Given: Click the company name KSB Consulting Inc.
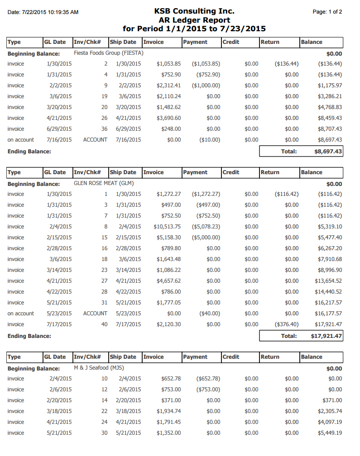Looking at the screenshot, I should (x=194, y=11).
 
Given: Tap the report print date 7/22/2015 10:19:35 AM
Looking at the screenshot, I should (x=43, y=12).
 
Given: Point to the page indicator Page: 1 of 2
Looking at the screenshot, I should (x=327, y=12).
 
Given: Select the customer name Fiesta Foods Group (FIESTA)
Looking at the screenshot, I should (x=109, y=53).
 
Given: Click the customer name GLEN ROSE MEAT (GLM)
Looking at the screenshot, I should (x=104, y=184).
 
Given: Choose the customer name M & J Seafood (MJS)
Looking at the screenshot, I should (x=98, y=368).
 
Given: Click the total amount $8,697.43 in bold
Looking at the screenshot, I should (x=328, y=152).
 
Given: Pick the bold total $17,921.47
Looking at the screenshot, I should (x=326, y=336).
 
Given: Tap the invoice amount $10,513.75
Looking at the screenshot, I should (x=167, y=227).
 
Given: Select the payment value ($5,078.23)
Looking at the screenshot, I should (x=206, y=227).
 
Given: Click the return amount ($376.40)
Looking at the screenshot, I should (x=287, y=324).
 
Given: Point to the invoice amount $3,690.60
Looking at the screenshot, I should (x=168, y=118).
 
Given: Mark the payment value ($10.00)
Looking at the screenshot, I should (x=210, y=140).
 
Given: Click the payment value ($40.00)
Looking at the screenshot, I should (x=210, y=313).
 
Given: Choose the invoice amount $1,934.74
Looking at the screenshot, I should (x=168, y=411).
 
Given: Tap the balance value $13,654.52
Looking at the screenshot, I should (x=328, y=281).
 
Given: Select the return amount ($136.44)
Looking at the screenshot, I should (x=287, y=64).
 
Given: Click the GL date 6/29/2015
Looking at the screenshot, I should (x=59, y=129).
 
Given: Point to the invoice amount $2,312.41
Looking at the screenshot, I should (x=168, y=85).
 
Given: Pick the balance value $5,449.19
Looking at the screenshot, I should (x=330, y=433).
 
